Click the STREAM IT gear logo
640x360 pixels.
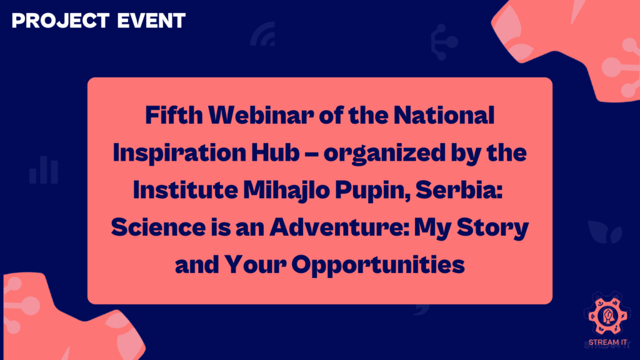pos(607,316)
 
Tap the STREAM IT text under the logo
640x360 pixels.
pos(607,342)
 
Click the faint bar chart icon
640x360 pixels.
pos(43,171)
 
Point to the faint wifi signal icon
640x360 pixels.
pos(263,37)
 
